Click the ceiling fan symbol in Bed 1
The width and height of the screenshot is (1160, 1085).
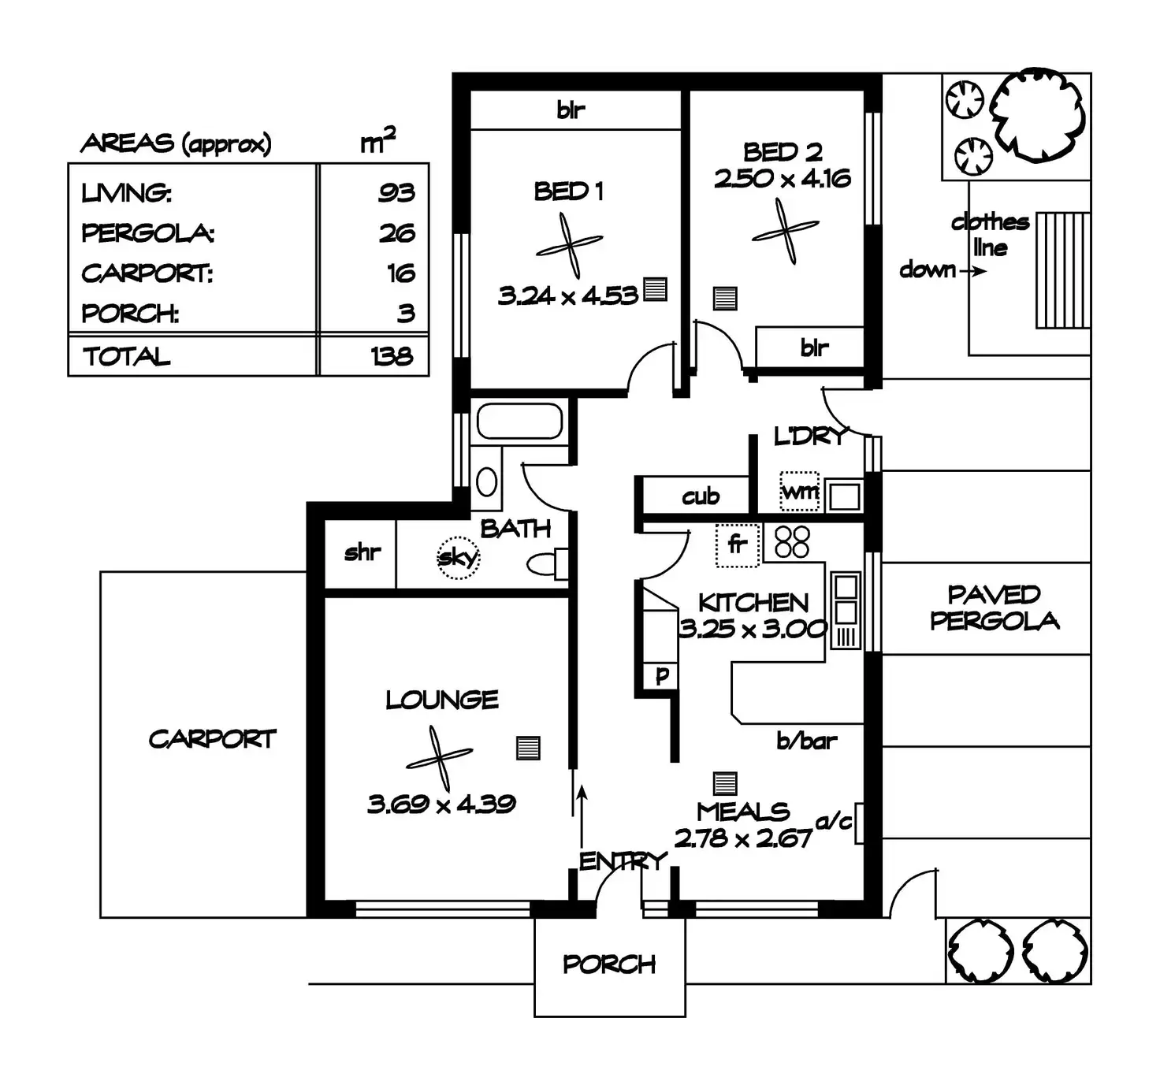[570, 245]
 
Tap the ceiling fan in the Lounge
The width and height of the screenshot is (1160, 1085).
[440, 758]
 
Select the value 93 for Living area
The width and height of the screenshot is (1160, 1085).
[396, 192]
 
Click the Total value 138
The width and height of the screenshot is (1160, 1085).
[392, 356]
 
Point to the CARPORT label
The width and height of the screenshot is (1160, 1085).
[212, 739]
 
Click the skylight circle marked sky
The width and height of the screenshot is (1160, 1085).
[458, 558]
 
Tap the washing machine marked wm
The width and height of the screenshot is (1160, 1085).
[799, 492]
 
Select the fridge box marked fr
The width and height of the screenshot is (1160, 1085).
[737, 544]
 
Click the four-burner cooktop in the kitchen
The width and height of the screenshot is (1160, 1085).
[792, 542]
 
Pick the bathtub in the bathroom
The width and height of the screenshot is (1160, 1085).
[519, 422]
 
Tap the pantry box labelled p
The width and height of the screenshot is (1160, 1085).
[662, 675]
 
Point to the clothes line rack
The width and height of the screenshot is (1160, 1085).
[1063, 269]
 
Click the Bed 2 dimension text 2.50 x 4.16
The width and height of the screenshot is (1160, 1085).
[783, 179]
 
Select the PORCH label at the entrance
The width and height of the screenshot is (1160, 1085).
[609, 964]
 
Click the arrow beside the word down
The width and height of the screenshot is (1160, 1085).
[976, 272]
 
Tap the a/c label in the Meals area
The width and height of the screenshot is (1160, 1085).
[834, 821]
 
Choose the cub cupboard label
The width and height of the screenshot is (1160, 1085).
[701, 496]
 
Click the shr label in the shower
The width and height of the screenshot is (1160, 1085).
[362, 552]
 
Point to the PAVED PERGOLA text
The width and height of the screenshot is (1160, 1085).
[995, 608]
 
